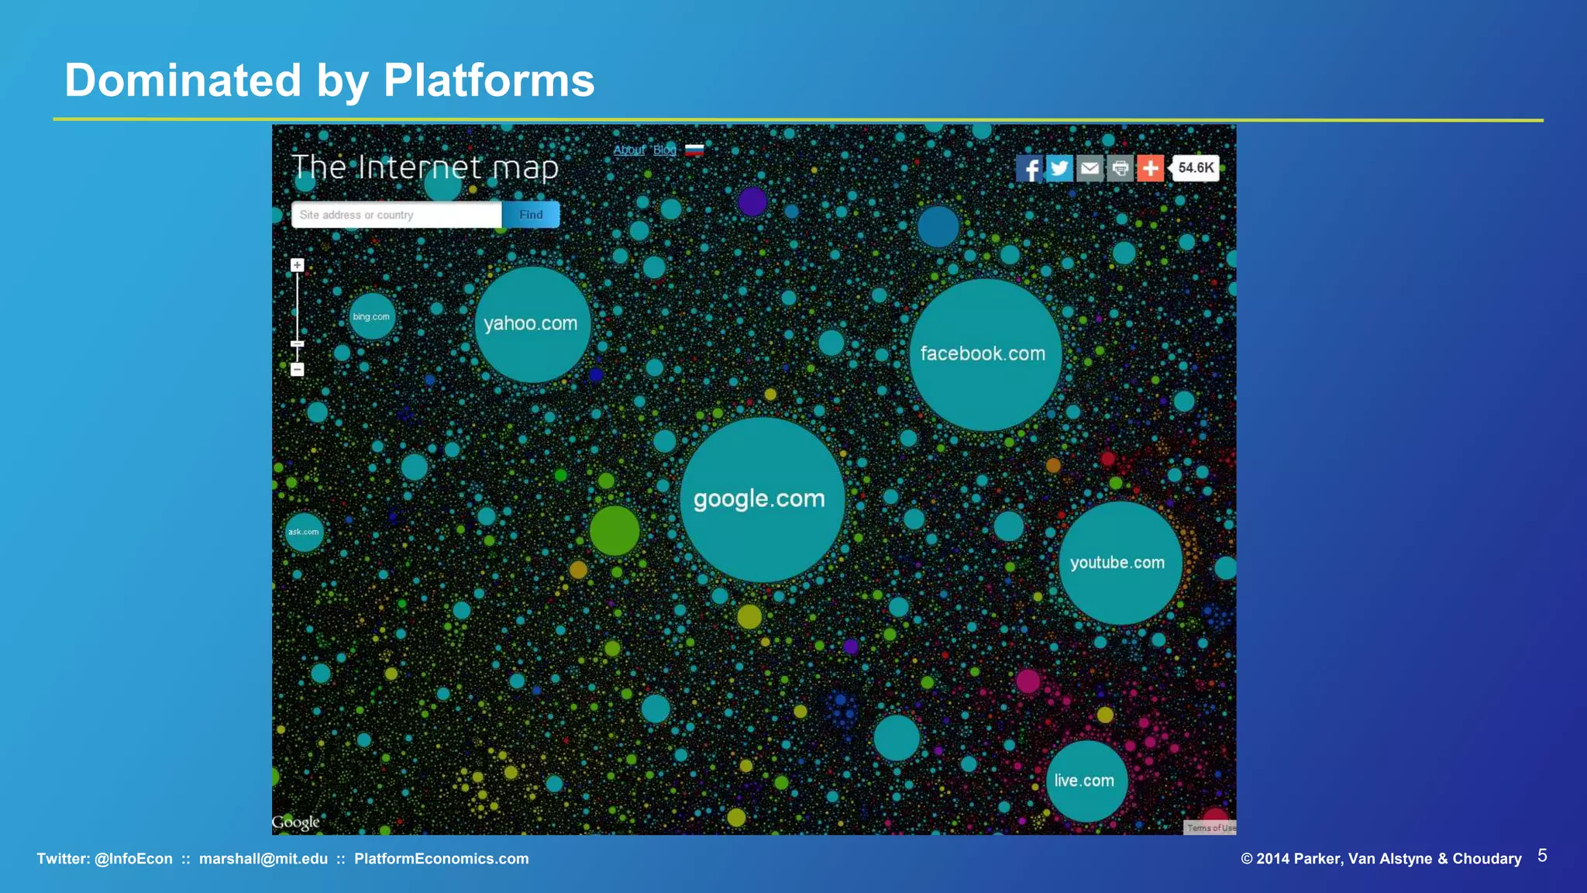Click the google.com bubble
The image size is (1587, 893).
[761, 500]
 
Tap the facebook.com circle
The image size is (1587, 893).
[984, 354]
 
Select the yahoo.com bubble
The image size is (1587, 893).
[532, 324]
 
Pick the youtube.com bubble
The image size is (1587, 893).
[1119, 563]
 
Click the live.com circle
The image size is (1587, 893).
[1086, 781]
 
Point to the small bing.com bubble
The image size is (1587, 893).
[372, 316]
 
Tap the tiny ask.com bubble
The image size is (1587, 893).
[304, 532]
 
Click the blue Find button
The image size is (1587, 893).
[531, 215]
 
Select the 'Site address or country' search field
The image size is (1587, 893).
[396, 215]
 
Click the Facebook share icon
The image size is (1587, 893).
[1029, 167]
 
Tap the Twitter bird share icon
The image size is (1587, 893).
[1059, 167]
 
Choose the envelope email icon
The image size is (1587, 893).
[1090, 167]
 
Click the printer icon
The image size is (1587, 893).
[1120, 167]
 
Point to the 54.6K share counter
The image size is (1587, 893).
[1196, 167]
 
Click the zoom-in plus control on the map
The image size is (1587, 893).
[298, 265]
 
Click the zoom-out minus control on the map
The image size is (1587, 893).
[298, 370]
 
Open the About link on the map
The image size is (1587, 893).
[628, 150]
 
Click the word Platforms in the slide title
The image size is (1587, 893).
[489, 81]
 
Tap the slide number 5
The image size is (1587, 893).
[1542, 856]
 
